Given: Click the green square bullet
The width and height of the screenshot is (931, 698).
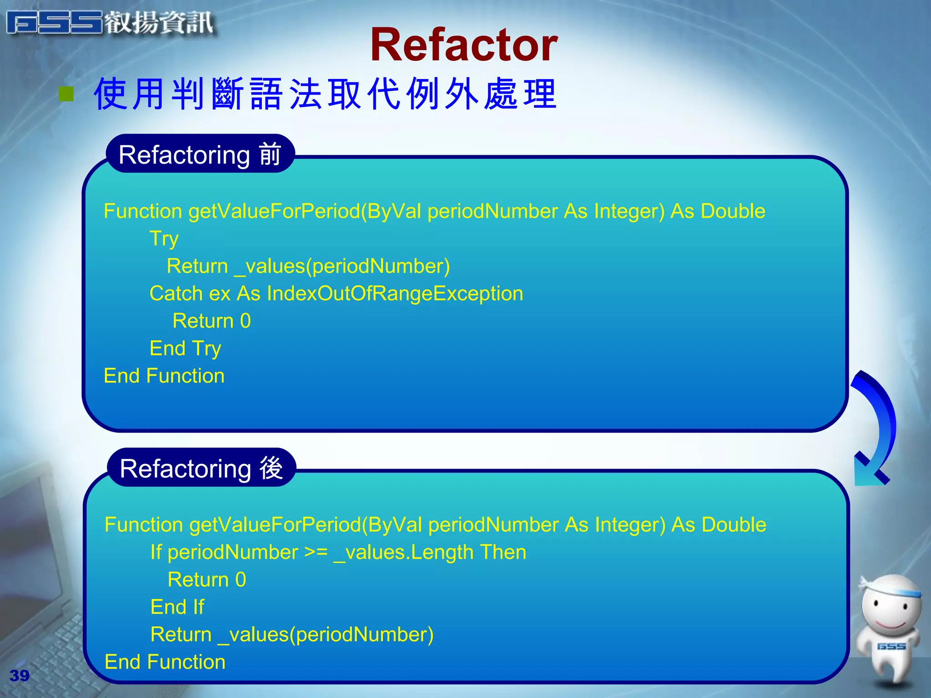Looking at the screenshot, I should tap(66, 94).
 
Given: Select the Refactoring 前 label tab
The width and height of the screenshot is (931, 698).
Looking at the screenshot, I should tap(200, 155).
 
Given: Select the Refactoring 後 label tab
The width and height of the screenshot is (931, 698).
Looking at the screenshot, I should tap(201, 468).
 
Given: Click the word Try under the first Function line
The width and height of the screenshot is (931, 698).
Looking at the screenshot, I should tap(164, 239).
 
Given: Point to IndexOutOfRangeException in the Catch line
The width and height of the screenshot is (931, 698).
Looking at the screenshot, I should tap(395, 294).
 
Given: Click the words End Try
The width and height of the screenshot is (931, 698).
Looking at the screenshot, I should tap(185, 349).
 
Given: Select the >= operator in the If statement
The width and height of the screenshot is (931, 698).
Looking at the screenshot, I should tap(315, 552).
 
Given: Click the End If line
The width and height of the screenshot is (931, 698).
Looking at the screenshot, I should tap(177, 607).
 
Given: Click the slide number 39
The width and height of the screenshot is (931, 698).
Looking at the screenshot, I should tap(20, 676).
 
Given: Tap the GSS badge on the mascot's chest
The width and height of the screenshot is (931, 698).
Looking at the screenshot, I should tap(891, 646).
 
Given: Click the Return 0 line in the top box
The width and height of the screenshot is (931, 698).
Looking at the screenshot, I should tap(211, 321).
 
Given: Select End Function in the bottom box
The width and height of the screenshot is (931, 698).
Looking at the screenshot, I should tap(165, 662).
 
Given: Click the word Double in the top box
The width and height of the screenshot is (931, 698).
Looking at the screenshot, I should tap(733, 211).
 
